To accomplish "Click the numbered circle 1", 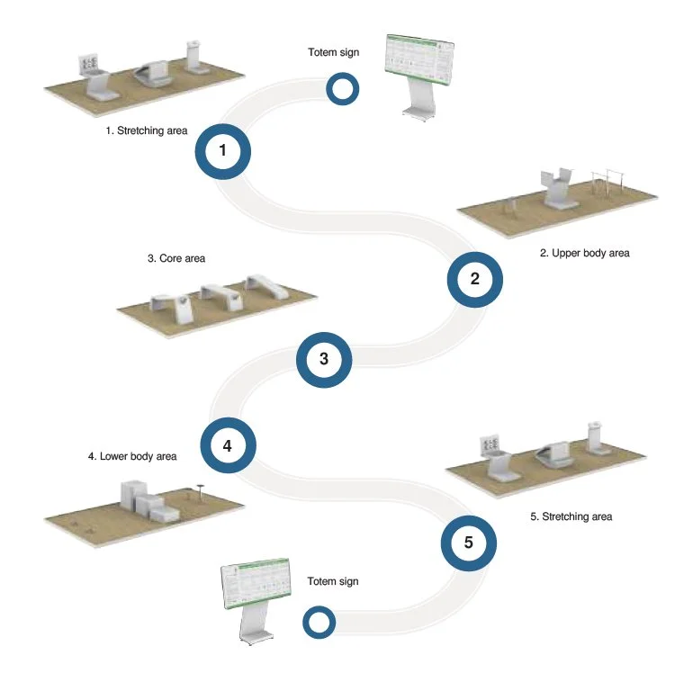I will [222, 152].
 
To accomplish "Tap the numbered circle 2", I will [475, 280].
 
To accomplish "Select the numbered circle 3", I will [324, 359].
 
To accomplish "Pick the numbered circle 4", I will [228, 444].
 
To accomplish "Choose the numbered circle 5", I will [468, 543].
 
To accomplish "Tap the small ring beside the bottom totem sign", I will [319, 622].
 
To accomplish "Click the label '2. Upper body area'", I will [584, 254].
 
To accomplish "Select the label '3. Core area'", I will [176, 258].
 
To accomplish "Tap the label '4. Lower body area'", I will [132, 456].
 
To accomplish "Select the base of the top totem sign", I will [415, 112].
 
